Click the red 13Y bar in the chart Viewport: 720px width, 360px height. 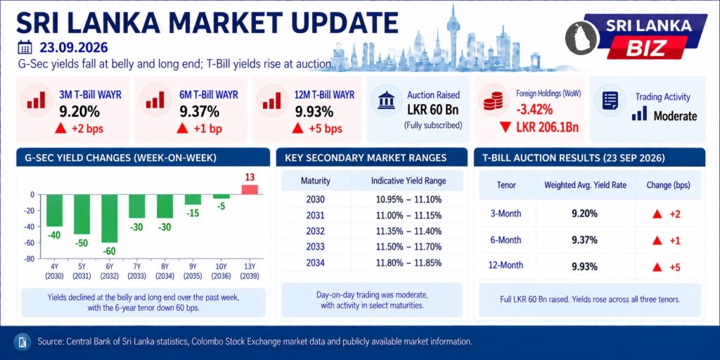click(250, 190)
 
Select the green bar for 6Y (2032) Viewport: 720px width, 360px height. click(109, 219)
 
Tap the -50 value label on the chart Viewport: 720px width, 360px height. click(82, 243)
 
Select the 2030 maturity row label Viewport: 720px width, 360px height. click(316, 200)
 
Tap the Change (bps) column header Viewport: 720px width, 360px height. click(668, 185)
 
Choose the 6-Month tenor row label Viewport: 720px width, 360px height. click(506, 240)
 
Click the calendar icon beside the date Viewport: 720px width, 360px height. click(25, 47)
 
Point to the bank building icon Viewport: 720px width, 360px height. click(386, 100)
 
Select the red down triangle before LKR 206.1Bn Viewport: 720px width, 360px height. click(505, 127)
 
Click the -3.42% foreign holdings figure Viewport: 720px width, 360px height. click(534, 110)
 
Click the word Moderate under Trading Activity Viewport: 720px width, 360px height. click(675, 116)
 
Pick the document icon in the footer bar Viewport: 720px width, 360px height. click(22, 342)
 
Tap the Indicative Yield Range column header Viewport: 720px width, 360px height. click(409, 181)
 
